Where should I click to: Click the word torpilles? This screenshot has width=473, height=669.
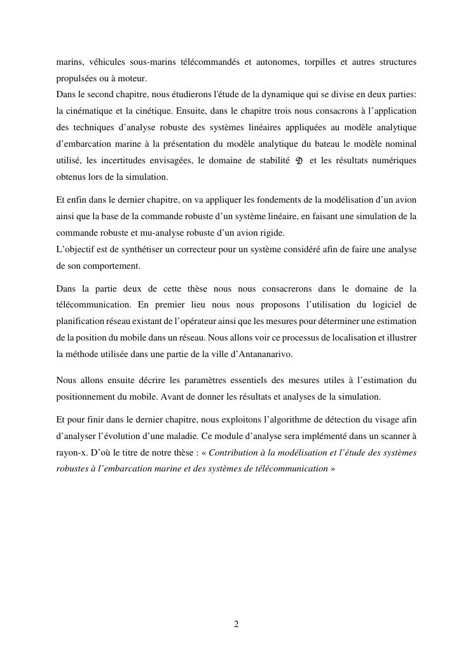pyautogui.click(x=318, y=62)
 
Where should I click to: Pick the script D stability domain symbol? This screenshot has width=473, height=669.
pyautogui.click(x=299, y=161)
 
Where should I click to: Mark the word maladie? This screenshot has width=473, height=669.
pyautogui.click(x=242, y=436)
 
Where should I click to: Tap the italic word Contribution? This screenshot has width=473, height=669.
pyautogui.click(x=235, y=453)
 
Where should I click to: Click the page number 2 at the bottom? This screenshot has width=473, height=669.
pyautogui.click(x=236, y=625)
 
